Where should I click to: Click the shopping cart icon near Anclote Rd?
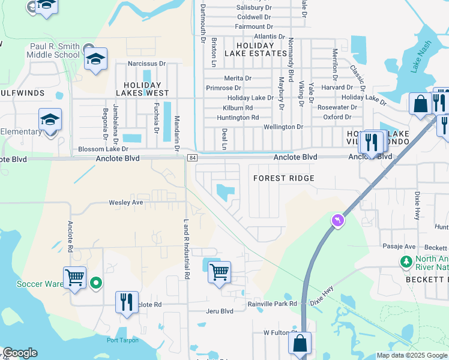point(75,278)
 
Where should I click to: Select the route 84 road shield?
point(191,158)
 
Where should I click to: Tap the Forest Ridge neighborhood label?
point(284,178)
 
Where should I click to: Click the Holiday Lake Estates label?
point(255,49)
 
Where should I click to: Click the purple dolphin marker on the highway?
point(338,221)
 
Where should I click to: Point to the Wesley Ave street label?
point(126,202)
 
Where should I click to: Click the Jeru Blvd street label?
point(219,311)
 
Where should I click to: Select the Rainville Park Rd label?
point(273,304)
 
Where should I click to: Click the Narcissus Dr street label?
point(145,63)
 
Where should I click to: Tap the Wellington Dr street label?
point(283,127)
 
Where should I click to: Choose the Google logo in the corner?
point(19,353)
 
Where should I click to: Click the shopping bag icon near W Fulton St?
point(300,344)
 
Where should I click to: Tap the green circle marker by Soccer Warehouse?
point(95,282)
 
